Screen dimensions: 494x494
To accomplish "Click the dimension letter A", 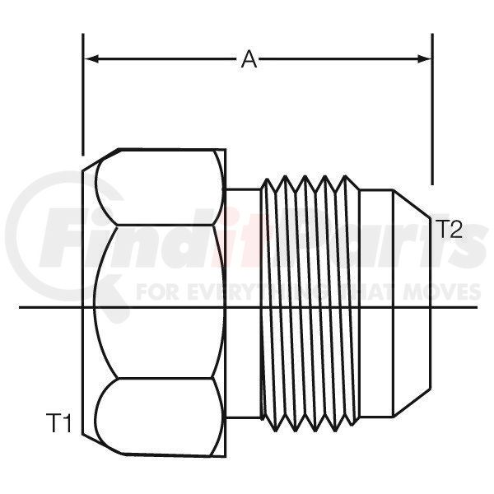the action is pyautogui.click(x=249, y=59).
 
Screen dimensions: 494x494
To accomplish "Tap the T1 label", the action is pyautogui.click(x=59, y=423).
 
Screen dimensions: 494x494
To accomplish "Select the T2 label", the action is pyautogui.click(x=450, y=229).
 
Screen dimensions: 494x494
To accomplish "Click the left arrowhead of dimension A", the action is pyautogui.click(x=91, y=59).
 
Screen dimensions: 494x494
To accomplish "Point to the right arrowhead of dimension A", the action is pyautogui.click(x=424, y=59).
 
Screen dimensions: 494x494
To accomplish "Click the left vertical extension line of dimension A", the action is pyautogui.click(x=83, y=95).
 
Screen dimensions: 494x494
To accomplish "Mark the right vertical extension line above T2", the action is pyautogui.click(x=432, y=109).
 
